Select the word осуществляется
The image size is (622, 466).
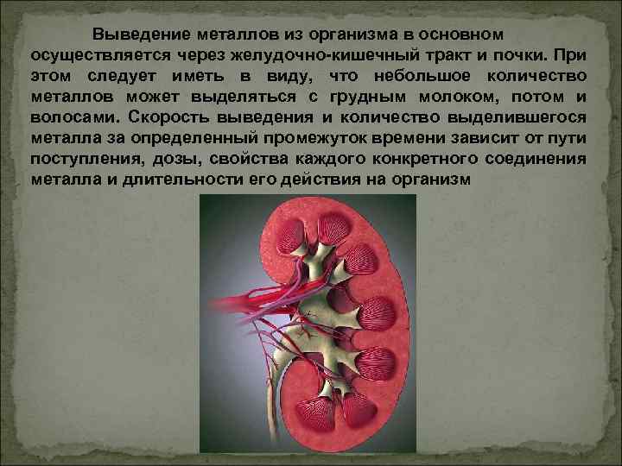pyautogui.click(x=87, y=55)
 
